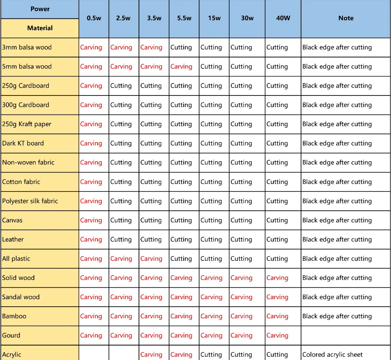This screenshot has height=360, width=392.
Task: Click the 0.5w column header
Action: (94, 18)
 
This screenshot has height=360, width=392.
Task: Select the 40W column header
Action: (283, 18)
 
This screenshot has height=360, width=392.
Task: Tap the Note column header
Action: (346, 18)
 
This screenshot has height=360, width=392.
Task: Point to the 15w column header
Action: (214, 18)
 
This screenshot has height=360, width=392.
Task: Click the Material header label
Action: (40, 28)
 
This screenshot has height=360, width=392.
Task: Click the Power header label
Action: (40, 9)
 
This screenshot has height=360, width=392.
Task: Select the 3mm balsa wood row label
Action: (27, 47)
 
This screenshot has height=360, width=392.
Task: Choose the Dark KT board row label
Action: (23, 143)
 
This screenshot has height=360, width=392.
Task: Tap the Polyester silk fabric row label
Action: (30, 201)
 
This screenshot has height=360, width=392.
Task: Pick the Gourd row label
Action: (11, 335)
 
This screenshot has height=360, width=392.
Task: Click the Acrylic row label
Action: (12, 354)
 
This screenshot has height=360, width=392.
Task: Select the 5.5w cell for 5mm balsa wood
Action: (181, 67)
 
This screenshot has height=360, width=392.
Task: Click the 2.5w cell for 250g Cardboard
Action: (121, 86)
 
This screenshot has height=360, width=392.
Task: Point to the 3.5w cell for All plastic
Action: (151, 259)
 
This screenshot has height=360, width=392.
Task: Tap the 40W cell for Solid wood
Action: (277, 278)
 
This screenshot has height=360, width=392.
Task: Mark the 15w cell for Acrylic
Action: (211, 354)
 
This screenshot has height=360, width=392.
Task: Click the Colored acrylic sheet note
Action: (332, 354)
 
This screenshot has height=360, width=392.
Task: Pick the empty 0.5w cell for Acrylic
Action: (94, 353)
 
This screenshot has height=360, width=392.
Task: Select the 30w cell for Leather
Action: (241, 239)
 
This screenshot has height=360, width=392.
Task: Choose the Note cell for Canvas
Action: (337, 220)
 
